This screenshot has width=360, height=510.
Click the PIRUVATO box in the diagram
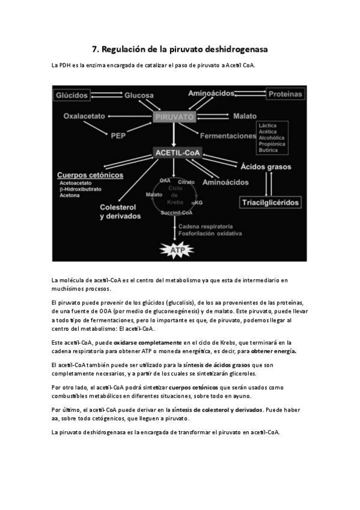174,117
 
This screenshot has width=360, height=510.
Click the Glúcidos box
73,95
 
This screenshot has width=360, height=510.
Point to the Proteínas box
285,94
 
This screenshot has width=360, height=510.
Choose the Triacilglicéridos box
270,203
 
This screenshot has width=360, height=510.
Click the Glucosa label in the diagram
139,96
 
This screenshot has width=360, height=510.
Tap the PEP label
118,136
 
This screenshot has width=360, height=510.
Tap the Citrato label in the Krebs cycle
186,181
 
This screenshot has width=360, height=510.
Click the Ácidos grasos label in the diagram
266,167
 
